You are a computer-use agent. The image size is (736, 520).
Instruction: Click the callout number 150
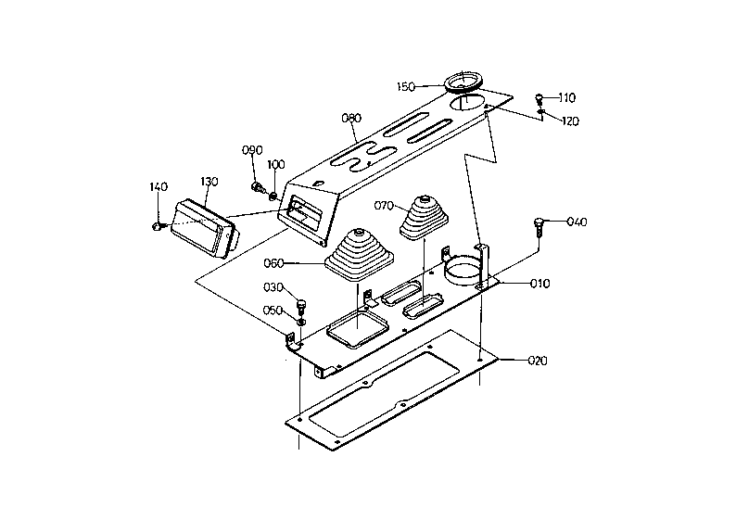(406, 87)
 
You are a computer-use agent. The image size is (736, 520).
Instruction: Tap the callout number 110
(567, 97)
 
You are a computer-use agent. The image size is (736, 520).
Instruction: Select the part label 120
(570, 121)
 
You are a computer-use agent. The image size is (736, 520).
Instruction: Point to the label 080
(351, 118)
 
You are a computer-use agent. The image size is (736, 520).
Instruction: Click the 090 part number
(252, 150)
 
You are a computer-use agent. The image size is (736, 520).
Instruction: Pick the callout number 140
(159, 187)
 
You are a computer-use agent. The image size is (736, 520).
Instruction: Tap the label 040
(577, 222)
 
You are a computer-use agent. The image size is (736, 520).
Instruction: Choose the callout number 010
(539, 284)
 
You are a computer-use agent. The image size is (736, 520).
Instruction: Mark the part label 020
(538, 361)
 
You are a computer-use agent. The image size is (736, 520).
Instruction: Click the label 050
(273, 311)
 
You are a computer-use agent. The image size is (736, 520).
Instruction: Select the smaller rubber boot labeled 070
(425, 216)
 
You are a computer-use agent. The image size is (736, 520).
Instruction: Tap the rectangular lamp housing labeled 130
(205, 229)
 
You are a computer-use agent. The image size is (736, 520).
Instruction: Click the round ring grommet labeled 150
(463, 82)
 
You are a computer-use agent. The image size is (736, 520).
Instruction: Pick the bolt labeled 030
(302, 307)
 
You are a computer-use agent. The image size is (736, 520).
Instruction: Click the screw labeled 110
(539, 98)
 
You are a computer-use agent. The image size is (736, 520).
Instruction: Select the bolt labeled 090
(257, 188)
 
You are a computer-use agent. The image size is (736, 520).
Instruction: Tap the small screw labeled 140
(157, 227)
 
